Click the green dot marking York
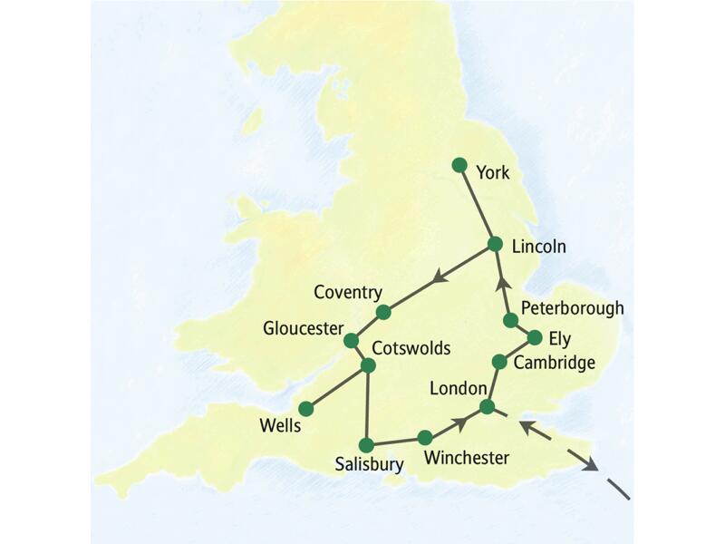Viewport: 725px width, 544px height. pos(459,165)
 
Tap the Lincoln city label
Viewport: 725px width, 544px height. pos(538,246)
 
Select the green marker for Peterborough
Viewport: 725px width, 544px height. pos(511,320)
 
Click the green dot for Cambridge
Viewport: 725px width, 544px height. pos(499,362)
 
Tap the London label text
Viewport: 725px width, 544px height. pos(459,388)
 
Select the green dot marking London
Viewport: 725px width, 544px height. pos(488,407)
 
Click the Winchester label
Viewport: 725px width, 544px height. pos(466,458)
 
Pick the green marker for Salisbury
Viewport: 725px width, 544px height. pos(366,445)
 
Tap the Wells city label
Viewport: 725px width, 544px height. pos(280,425)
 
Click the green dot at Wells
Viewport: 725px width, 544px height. pos(306,409)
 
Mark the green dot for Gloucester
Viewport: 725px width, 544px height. pos(351,341)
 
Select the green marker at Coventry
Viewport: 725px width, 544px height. pos(383,312)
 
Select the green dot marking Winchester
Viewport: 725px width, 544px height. pos(425,438)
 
